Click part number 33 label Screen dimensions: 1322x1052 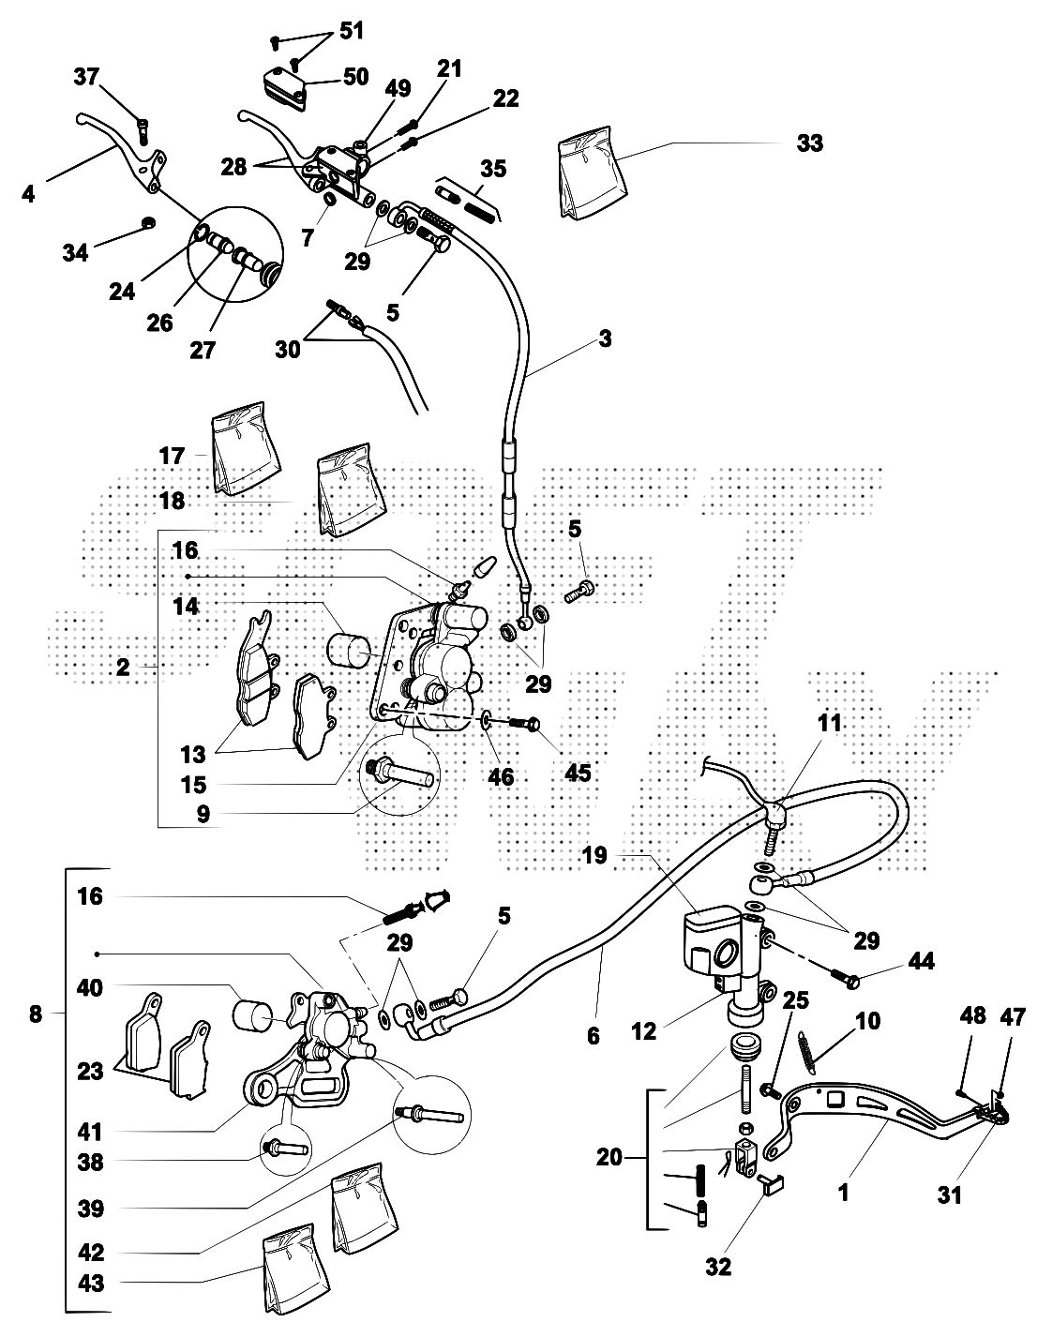click(x=809, y=143)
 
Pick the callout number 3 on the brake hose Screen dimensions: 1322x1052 click(x=605, y=338)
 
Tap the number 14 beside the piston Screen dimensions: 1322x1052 click(x=186, y=606)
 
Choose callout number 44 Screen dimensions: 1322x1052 click(x=921, y=963)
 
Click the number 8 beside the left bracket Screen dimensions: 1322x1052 click(x=36, y=1014)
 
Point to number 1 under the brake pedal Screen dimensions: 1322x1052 click(x=843, y=1195)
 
